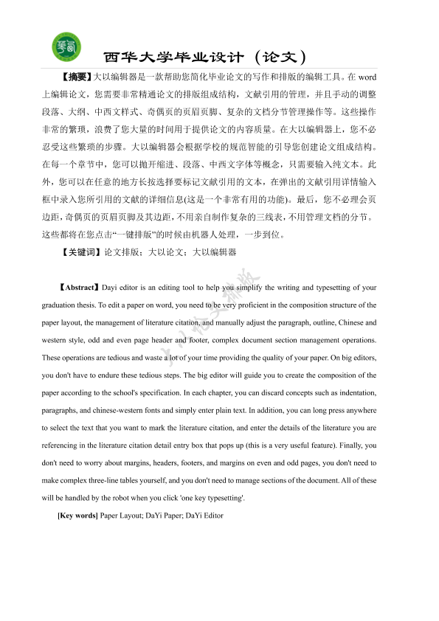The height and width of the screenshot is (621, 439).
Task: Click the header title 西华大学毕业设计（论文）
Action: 204,57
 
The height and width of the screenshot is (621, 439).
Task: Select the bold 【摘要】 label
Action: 76,76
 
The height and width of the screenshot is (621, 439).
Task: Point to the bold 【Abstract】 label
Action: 77,288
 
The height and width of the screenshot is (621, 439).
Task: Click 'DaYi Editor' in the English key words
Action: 204,516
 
